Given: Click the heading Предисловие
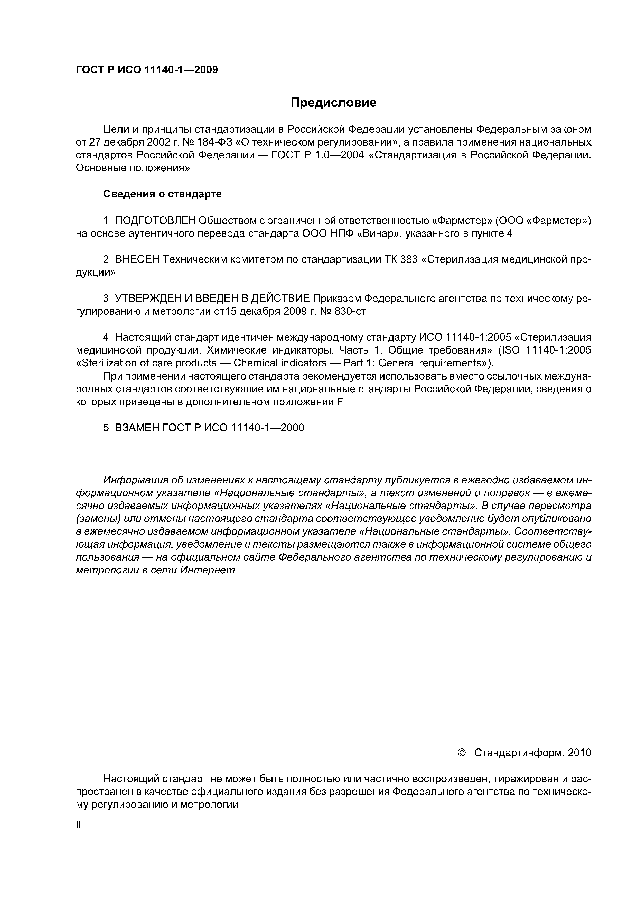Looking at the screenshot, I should pos(333,103).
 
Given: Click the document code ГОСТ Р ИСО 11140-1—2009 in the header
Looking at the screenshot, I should pos(146,70).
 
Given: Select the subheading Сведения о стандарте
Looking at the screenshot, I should pos(162,194).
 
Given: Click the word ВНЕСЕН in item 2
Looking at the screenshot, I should pos(137,260).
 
